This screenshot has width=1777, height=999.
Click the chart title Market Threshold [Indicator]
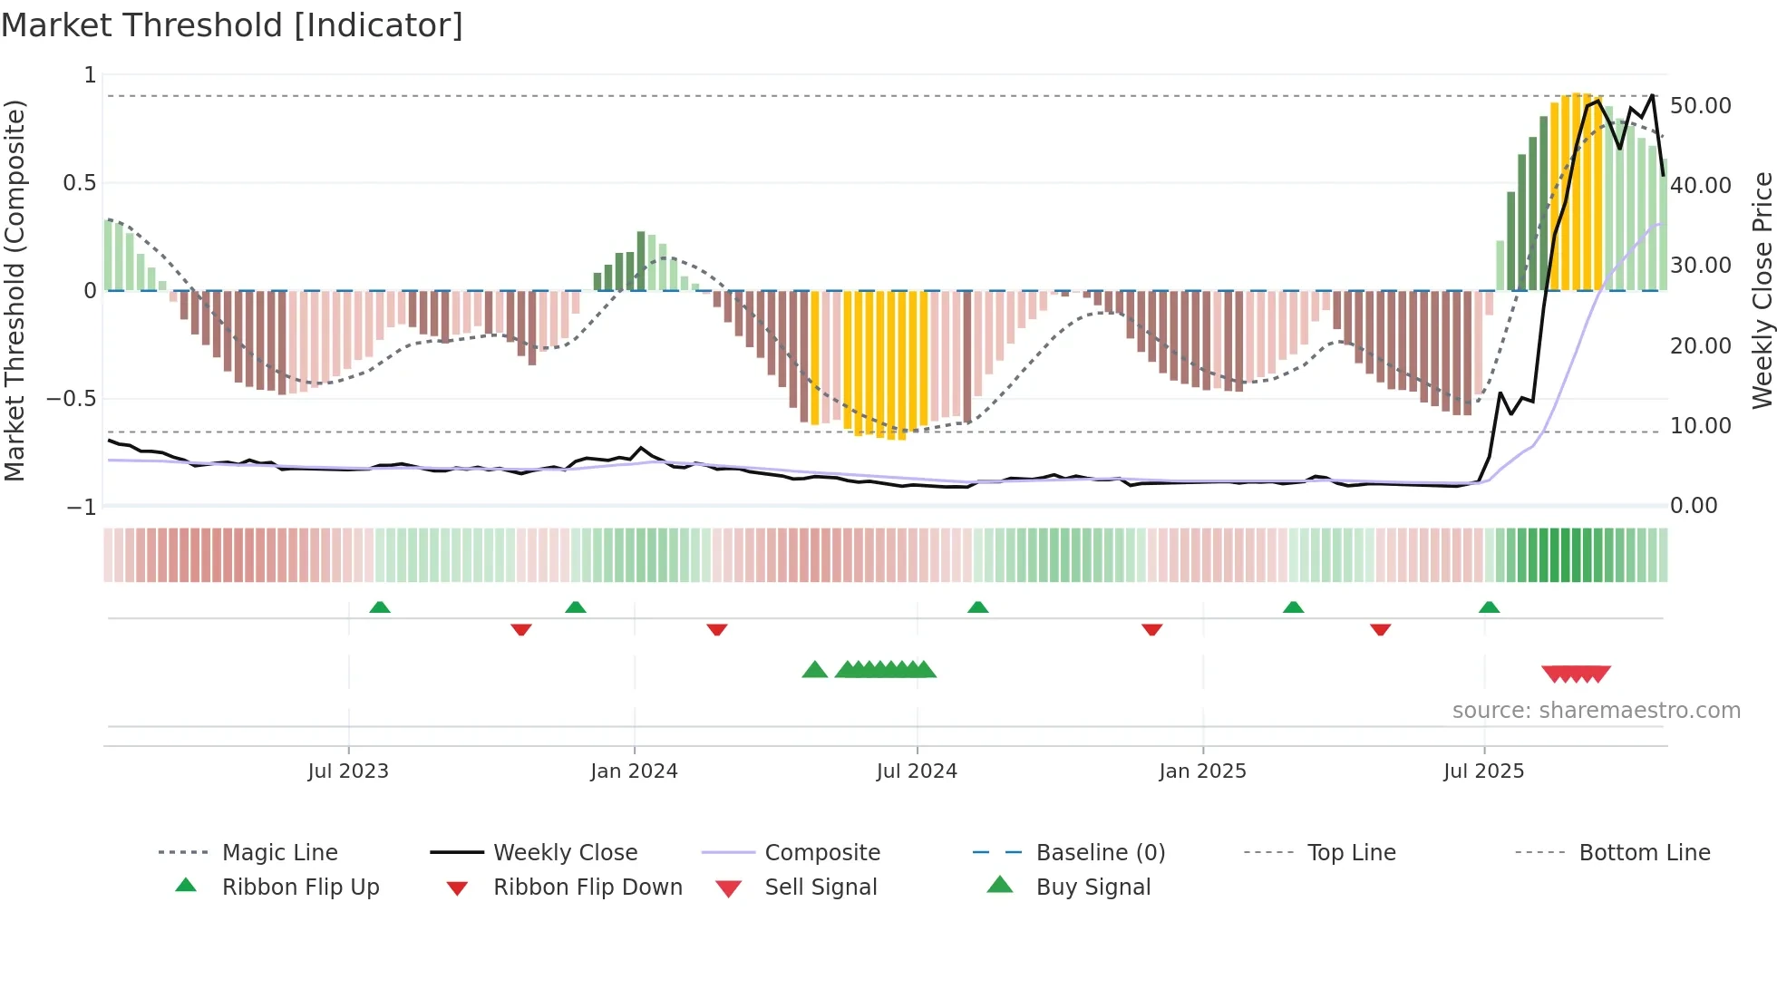[232, 25]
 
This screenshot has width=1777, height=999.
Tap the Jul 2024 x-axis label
[917, 771]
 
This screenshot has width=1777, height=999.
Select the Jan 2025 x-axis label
[1202, 771]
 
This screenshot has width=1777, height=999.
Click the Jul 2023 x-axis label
[348, 771]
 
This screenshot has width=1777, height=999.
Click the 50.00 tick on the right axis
[1700, 106]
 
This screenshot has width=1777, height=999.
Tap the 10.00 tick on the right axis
[1700, 426]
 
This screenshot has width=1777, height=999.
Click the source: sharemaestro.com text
[1596, 711]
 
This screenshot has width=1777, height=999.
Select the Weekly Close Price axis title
[1762, 290]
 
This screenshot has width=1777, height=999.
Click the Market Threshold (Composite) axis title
[15, 290]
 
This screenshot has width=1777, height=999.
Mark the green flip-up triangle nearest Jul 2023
[380, 607]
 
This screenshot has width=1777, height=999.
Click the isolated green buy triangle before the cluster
[815, 670]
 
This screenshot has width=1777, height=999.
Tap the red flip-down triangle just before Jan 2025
[1152, 629]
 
